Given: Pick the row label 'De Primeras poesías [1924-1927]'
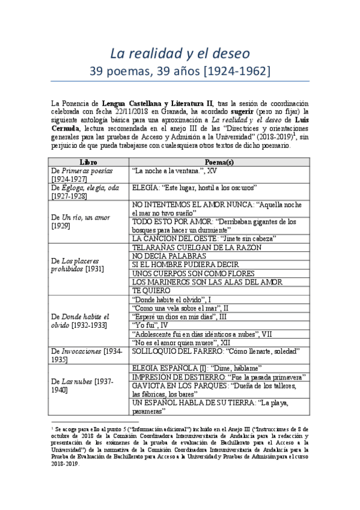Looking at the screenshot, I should click(x=89, y=174).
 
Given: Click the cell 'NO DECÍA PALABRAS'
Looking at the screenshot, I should click(x=165, y=256).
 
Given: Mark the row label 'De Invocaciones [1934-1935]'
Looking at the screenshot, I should click(x=88, y=354).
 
